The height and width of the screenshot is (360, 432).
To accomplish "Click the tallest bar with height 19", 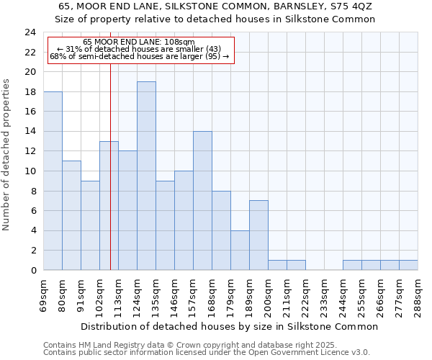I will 146,176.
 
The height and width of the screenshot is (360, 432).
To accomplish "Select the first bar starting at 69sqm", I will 53,181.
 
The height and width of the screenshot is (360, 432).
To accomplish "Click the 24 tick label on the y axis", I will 30,32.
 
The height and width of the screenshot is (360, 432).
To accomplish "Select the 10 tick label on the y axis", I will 30,171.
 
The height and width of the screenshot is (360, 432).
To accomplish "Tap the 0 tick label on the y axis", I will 33,271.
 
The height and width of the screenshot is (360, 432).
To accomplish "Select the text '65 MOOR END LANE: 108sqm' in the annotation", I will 139,42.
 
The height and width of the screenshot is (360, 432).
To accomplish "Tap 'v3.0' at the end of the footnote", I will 360,352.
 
